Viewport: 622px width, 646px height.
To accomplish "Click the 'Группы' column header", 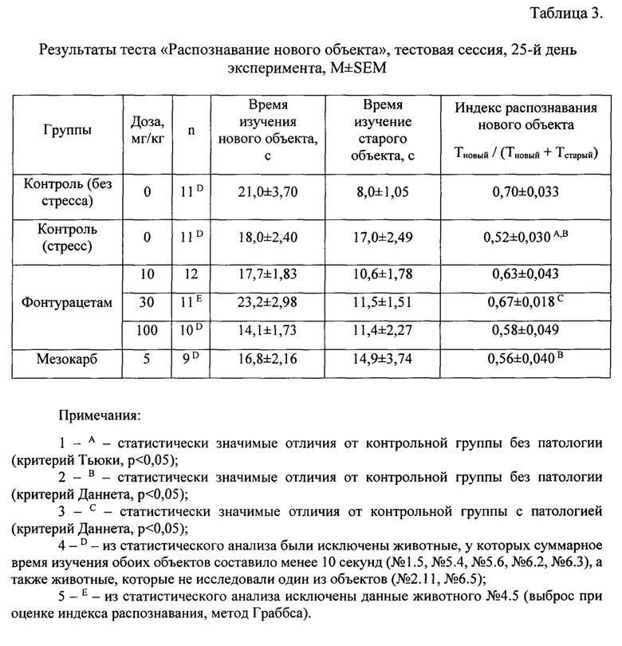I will pos(68,130).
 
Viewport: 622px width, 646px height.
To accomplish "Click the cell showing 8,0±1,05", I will pos(387,191).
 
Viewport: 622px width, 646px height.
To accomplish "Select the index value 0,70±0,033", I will pos(527,191).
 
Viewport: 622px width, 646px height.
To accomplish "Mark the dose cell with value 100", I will pos(147,331).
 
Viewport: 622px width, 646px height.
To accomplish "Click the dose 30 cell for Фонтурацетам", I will pos(147,304).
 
